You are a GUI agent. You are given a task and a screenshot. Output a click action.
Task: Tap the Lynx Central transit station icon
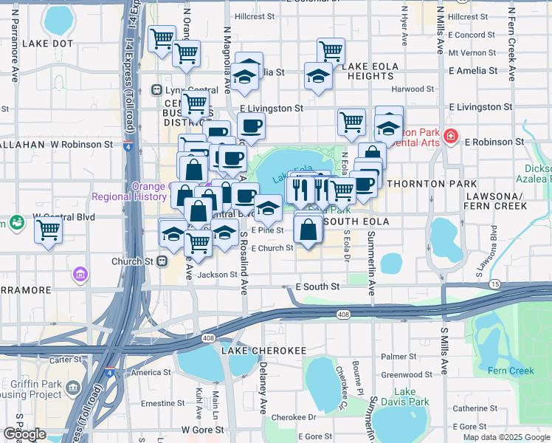coord(156,90)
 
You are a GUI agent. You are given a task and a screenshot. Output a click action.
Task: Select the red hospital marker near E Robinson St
coord(449,137)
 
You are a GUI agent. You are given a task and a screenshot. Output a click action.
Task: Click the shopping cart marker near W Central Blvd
coord(48,230)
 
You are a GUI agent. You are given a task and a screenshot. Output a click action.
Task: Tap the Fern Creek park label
coord(505,369)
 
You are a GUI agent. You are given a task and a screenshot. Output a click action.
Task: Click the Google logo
coord(24,434)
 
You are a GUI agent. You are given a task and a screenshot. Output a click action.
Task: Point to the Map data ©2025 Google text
coord(506,437)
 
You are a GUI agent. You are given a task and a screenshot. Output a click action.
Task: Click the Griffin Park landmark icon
coord(73,387)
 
